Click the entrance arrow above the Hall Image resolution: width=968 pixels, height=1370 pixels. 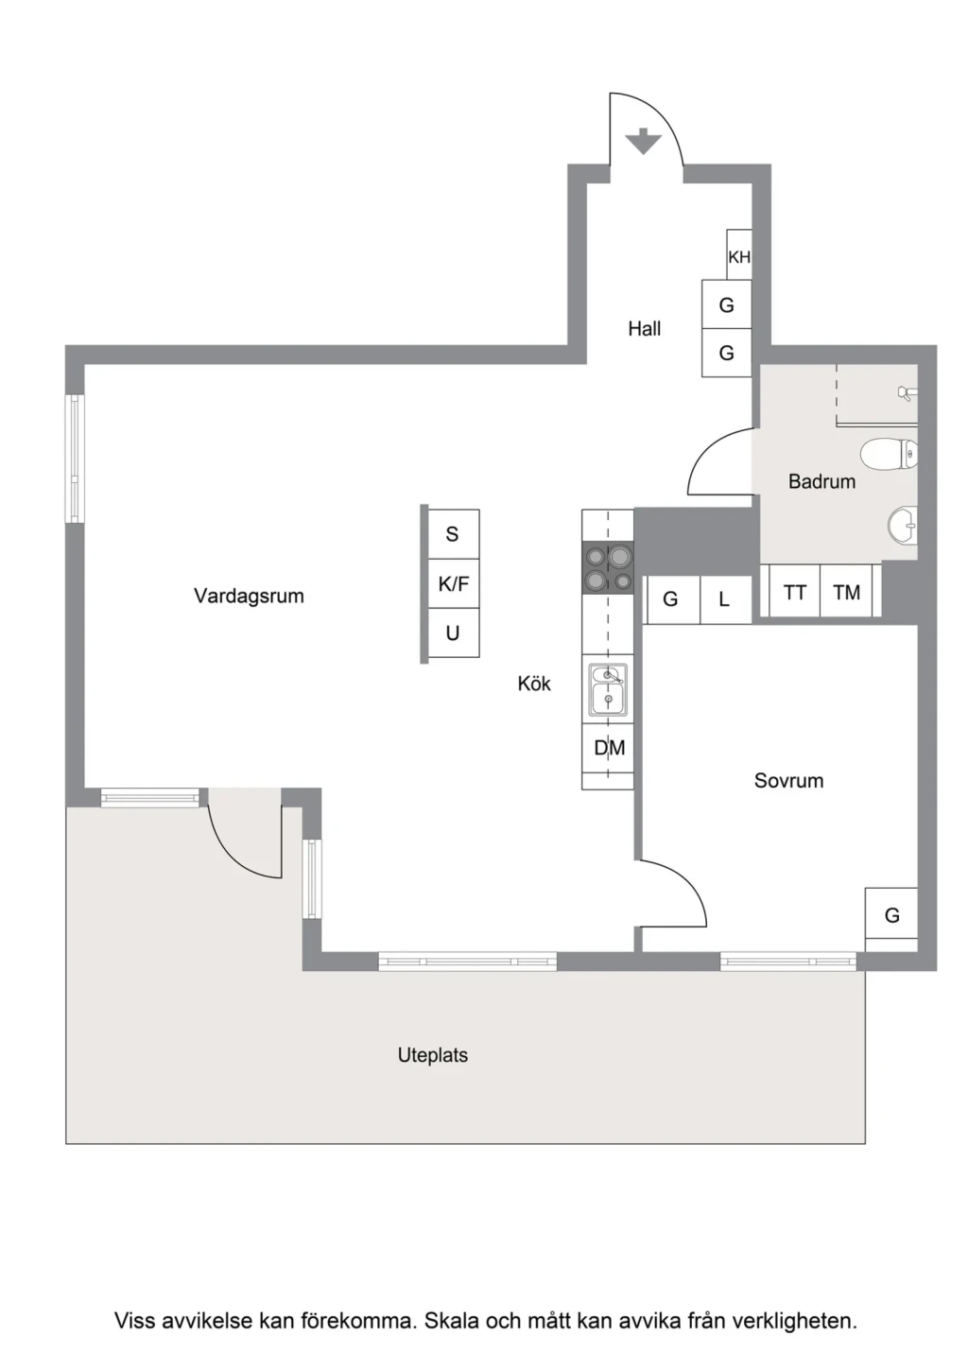(644, 141)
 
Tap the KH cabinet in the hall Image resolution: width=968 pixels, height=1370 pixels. (738, 255)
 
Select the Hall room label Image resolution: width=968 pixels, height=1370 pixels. (644, 329)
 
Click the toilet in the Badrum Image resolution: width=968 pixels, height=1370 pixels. (889, 455)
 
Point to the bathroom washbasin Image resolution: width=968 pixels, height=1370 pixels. (903, 526)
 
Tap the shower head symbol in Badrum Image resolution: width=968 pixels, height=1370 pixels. (907, 393)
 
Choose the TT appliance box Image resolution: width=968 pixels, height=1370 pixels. (794, 592)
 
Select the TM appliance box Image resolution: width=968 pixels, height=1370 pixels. (846, 592)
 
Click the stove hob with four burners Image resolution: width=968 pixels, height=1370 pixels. (607, 567)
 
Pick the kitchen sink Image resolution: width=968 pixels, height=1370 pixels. (607, 690)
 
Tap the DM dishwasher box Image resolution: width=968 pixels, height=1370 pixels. (608, 748)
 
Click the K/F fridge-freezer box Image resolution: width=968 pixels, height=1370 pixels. (453, 583)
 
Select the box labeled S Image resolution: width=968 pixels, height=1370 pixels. (453, 534)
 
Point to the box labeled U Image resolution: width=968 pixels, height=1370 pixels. (453, 633)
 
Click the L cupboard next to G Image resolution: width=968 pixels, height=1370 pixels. (725, 599)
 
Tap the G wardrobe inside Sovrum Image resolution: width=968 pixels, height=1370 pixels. (891, 915)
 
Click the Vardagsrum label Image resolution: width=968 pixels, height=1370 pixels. (249, 596)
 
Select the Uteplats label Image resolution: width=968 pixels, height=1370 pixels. (433, 1055)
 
